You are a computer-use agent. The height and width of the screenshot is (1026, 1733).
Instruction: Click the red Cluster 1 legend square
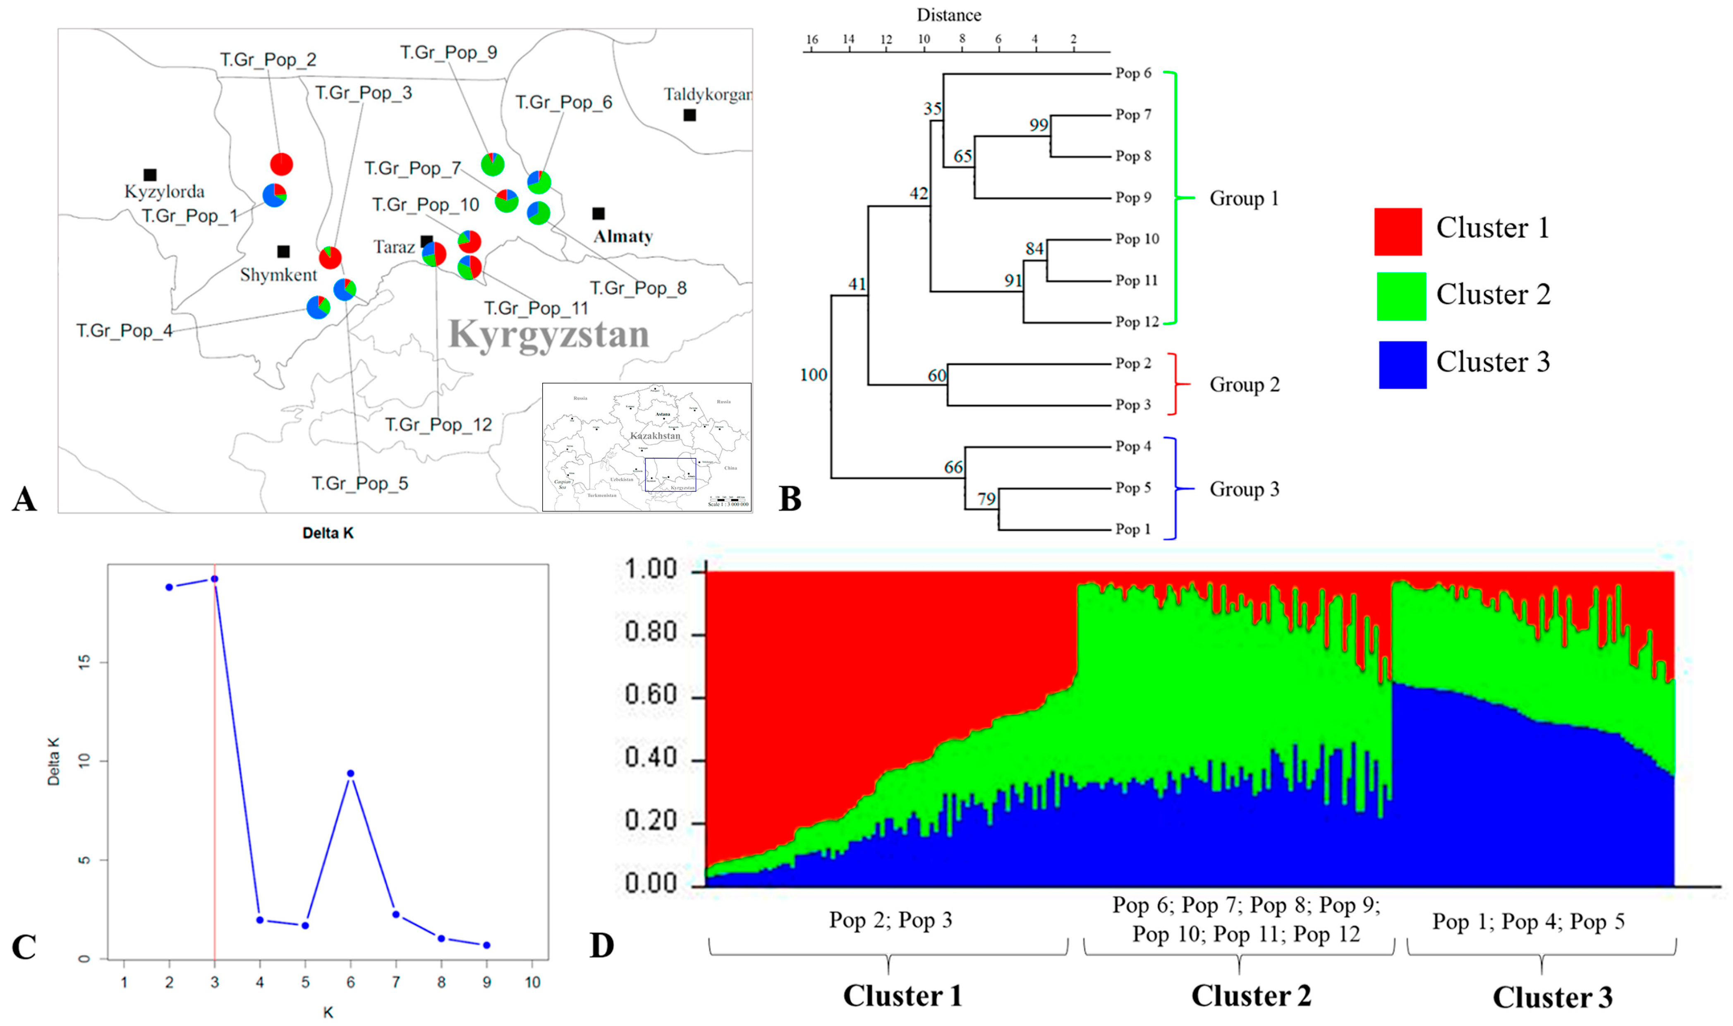point(1397,232)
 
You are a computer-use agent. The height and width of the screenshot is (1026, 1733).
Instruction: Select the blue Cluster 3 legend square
point(1402,364)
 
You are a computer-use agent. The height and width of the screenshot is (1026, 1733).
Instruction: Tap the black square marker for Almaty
point(598,213)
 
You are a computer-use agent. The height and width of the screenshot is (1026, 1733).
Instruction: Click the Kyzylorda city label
point(165,192)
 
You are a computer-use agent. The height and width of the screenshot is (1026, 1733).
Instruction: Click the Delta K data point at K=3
point(214,579)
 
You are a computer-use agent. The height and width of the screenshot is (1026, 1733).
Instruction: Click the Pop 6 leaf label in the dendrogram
point(1133,73)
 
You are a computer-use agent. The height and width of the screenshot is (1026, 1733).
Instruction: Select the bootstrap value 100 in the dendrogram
point(813,375)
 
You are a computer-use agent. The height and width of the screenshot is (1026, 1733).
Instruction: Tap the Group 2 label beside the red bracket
point(1244,384)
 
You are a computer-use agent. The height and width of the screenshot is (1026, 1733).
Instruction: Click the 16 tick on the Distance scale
point(812,39)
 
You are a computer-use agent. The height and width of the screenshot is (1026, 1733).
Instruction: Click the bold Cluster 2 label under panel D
point(1251,995)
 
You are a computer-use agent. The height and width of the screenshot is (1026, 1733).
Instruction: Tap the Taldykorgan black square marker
point(689,115)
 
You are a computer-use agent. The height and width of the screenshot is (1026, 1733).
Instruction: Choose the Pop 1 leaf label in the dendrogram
point(1133,530)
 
